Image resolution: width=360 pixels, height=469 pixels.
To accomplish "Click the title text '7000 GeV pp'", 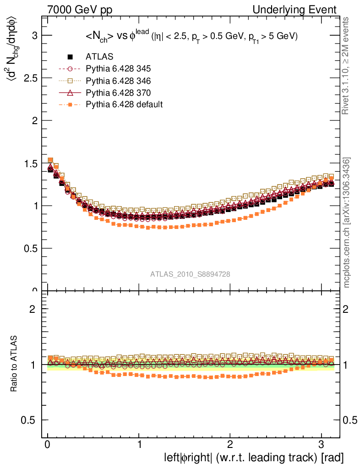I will click(x=80, y=10).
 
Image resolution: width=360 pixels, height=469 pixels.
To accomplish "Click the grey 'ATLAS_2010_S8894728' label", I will click(x=190, y=274).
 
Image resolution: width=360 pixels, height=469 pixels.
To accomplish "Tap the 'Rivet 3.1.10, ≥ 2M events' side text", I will click(x=346, y=66).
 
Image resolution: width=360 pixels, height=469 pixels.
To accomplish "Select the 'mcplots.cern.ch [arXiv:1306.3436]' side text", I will click(x=347, y=223).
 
